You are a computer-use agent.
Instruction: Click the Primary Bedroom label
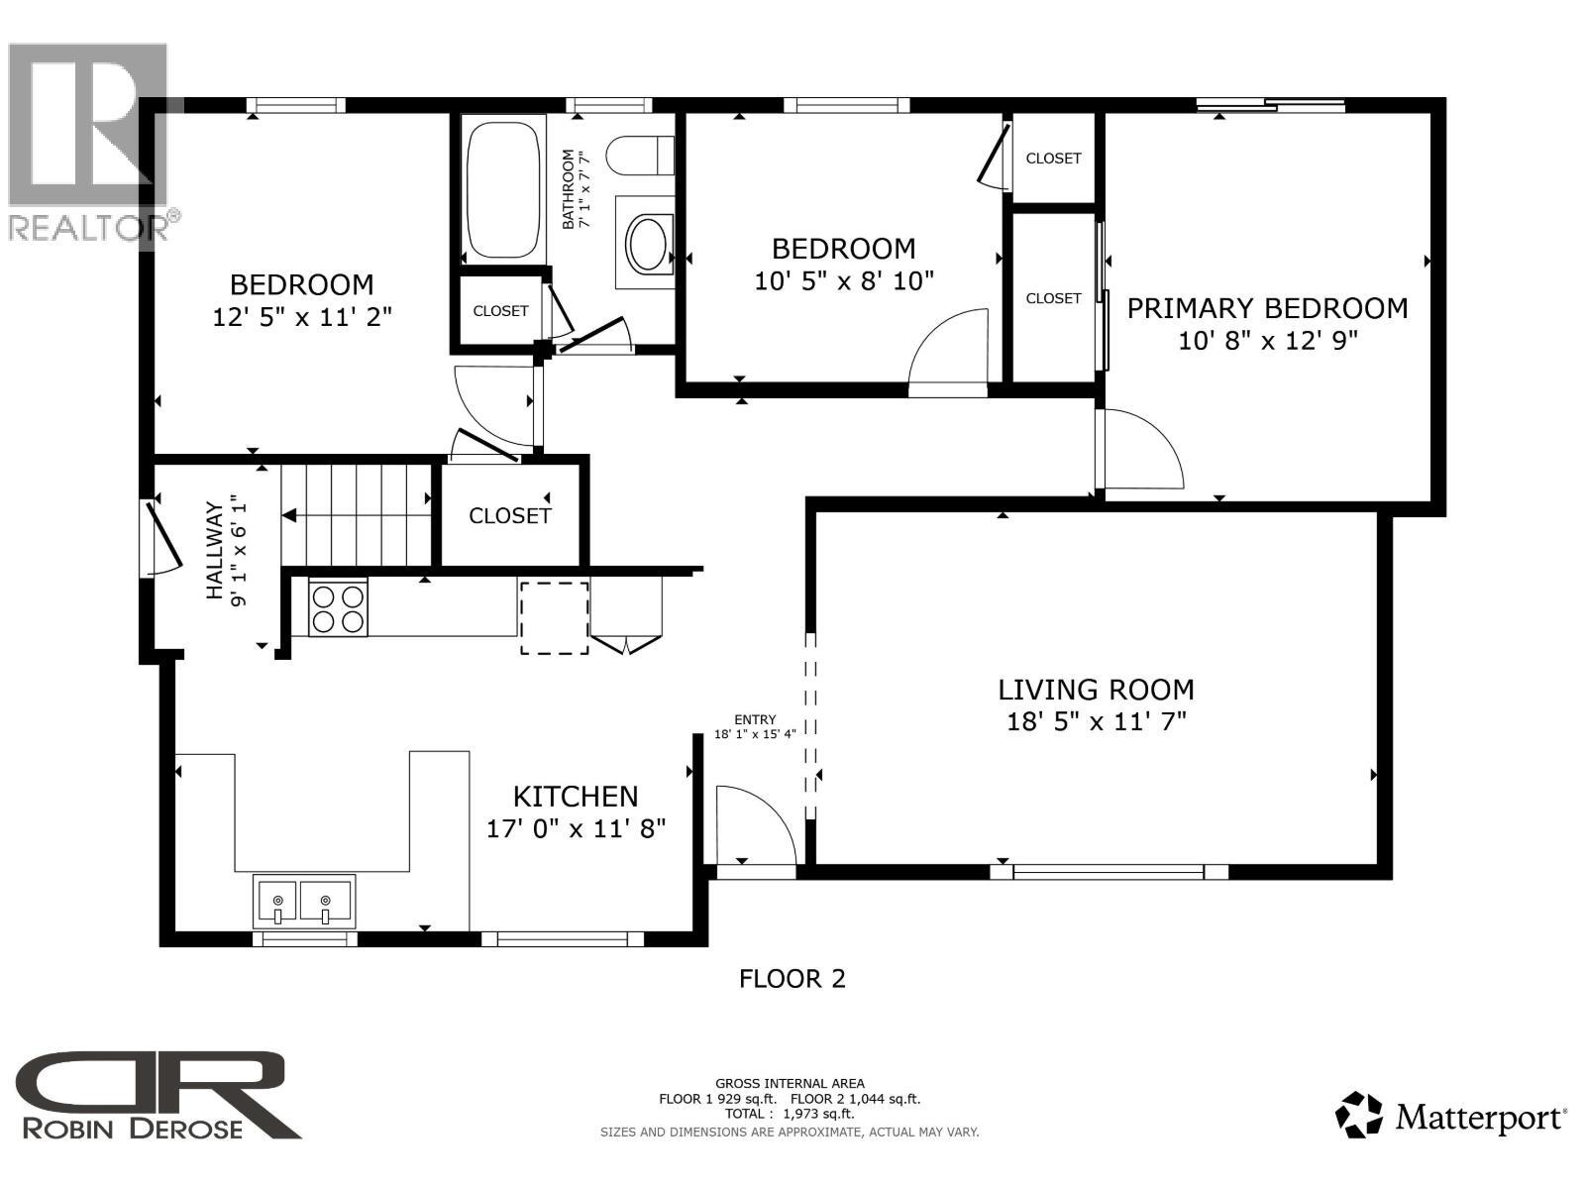click(1267, 308)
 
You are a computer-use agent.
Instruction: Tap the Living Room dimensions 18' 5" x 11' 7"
click(1096, 721)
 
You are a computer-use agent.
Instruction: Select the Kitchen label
click(575, 796)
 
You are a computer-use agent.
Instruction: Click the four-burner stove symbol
click(338, 607)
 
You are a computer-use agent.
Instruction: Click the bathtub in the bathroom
click(503, 188)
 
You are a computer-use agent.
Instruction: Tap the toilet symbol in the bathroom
click(639, 156)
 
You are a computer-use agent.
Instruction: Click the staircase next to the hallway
click(357, 515)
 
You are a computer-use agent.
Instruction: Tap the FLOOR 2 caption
click(792, 979)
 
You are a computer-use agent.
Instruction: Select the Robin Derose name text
click(132, 1128)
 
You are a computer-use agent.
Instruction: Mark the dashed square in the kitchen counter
click(555, 617)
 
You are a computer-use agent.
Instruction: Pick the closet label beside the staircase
click(509, 515)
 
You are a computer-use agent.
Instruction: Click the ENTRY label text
click(755, 719)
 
